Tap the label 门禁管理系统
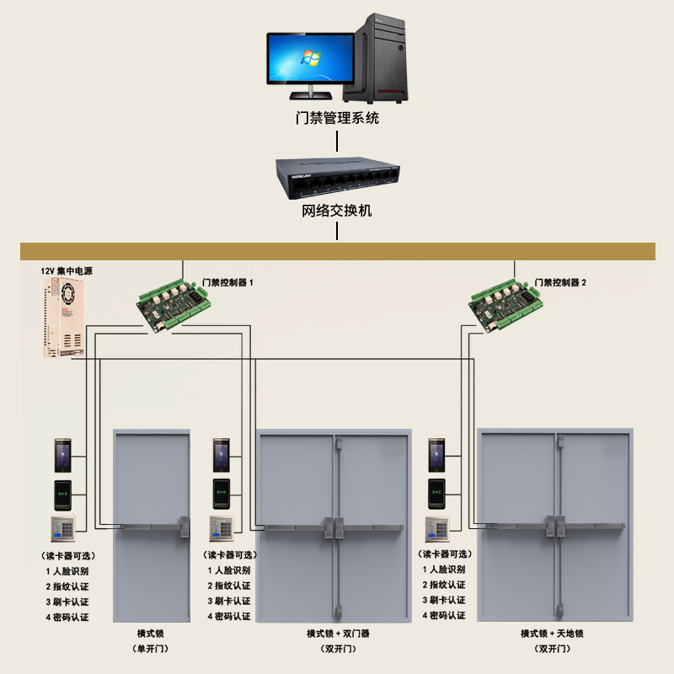pos(337,118)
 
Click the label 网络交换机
pos(337,211)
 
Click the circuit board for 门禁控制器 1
pos(172,302)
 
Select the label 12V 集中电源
pos(67,271)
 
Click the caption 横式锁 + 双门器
pos(338,633)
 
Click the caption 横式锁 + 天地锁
pos(552,633)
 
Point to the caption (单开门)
pos(152,649)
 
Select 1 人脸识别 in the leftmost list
pos(67,570)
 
